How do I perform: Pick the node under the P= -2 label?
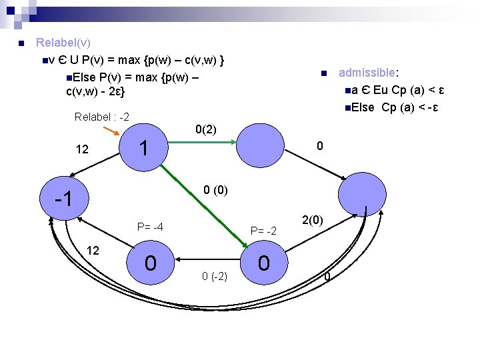(264, 263)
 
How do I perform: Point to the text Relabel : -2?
(102, 117)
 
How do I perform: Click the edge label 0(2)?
(205, 129)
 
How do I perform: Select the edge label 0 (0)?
(215, 191)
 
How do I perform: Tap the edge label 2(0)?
(313, 220)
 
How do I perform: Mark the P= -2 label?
(263, 231)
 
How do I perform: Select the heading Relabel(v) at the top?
(63, 43)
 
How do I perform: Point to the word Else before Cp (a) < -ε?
(364, 108)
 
